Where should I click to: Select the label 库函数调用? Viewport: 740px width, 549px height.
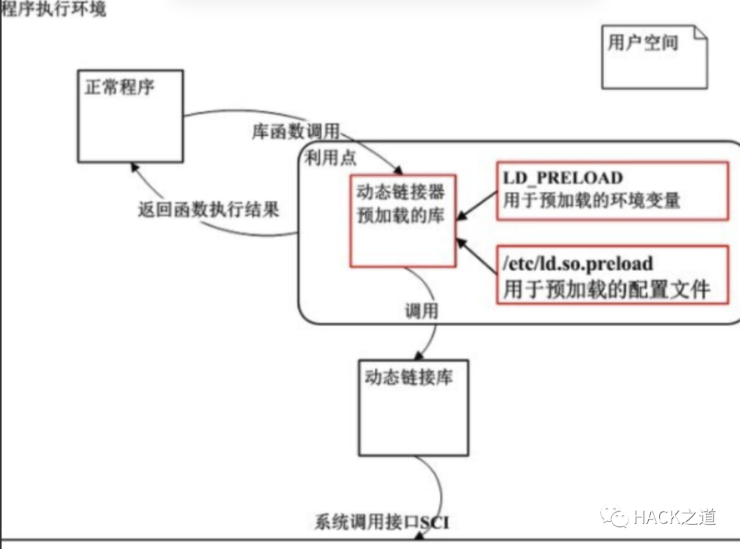(x=295, y=132)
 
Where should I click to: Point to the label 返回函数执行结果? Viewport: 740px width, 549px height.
(x=209, y=210)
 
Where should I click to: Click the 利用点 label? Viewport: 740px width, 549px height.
(x=331, y=158)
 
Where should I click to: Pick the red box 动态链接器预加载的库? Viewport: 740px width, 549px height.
(x=402, y=219)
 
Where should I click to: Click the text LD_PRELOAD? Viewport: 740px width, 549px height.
(x=563, y=178)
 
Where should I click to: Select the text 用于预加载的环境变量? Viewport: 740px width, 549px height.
(x=591, y=200)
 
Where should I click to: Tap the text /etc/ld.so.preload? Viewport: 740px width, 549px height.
(x=578, y=264)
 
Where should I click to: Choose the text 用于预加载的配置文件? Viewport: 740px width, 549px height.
(x=606, y=289)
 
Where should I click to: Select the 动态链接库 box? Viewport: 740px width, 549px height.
(x=414, y=408)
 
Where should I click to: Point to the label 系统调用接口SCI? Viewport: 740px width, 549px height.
(x=382, y=523)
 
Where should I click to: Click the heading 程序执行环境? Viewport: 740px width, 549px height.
(x=53, y=10)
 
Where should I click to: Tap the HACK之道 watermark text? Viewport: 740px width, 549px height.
(x=674, y=517)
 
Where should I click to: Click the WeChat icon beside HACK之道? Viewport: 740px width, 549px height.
(x=615, y=517)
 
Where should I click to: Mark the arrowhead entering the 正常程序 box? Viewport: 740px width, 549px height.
(x=133, y=167)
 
